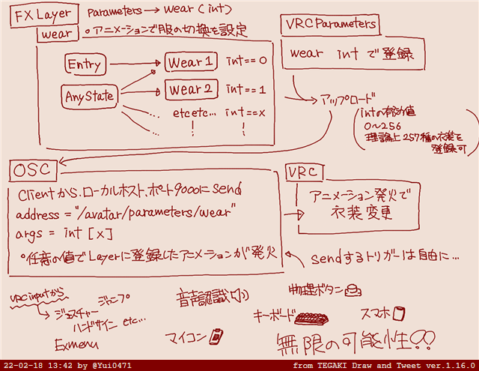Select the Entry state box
(84, 64)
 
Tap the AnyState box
(88, 96)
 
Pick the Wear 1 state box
(191, 61)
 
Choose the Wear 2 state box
(191, 90)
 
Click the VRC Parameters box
(330, 24)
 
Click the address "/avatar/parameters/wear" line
(125, 215)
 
